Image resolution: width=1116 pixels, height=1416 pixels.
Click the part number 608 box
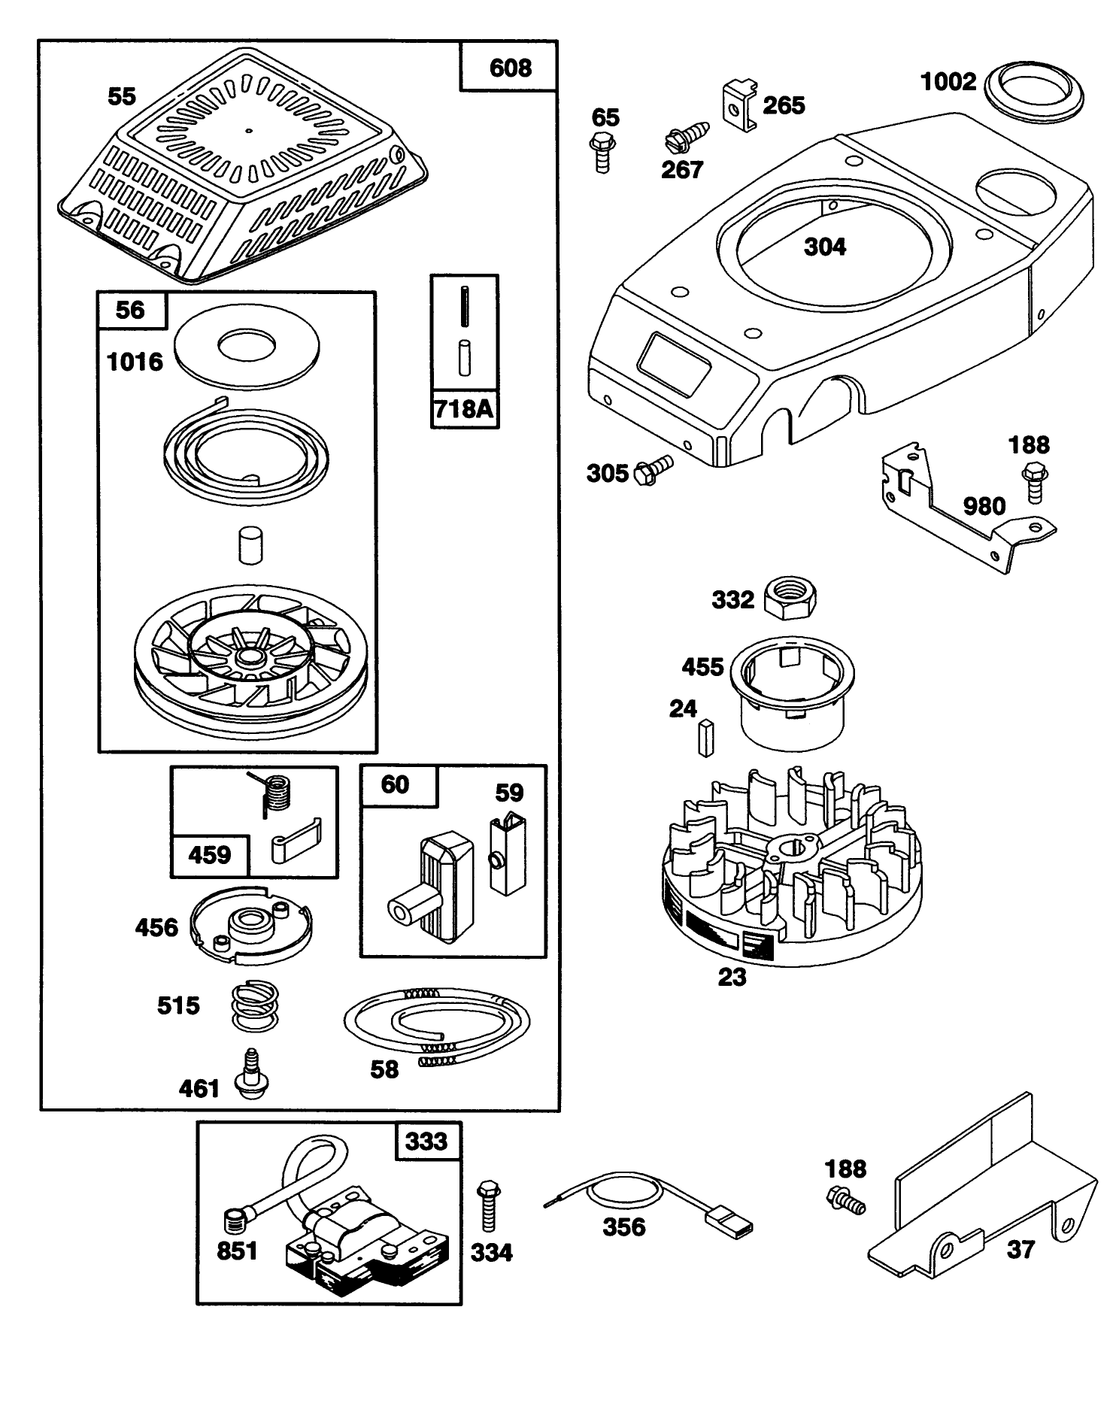509,68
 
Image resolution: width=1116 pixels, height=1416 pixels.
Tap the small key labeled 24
705,738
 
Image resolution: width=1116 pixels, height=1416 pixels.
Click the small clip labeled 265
740,106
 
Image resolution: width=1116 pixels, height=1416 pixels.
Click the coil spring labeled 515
253,1006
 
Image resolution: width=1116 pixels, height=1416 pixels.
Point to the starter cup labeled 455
792,690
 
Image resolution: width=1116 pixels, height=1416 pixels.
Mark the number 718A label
464,409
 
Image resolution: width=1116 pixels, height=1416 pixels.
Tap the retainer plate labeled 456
250,925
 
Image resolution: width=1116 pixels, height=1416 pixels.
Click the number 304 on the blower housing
824,247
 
